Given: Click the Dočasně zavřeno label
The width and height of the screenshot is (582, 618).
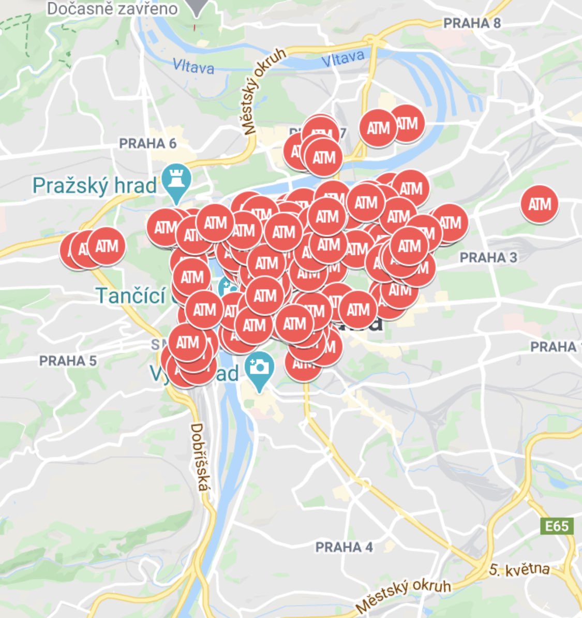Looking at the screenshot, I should coord(112,8).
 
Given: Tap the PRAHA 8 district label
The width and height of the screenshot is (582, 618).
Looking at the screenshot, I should coord(472,23).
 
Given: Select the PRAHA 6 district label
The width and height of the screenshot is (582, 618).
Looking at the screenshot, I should coord(148,143).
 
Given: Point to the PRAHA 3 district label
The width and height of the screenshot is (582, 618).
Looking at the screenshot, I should coord(488,257).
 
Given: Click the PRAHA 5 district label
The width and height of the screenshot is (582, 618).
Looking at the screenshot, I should coord(68,361).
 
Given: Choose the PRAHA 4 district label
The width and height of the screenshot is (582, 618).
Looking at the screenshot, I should coord(344,547).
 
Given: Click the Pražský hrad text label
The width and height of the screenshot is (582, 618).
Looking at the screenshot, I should coord(95,185).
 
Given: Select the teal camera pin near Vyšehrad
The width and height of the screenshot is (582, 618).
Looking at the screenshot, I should coord(259,369).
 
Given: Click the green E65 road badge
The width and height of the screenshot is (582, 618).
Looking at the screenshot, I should coord(557,526).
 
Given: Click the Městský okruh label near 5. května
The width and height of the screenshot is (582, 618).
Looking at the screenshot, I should coord(404,594).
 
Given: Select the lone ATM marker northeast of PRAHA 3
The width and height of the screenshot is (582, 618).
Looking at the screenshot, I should coord(540,204).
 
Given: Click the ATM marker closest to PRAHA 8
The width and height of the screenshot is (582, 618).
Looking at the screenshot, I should coord(407,124).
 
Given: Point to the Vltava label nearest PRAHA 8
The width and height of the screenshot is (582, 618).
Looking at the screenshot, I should coord(342,58).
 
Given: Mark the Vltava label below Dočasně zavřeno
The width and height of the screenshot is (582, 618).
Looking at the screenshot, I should coord(193,66).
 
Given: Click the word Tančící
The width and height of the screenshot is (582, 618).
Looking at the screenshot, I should coord(129,296).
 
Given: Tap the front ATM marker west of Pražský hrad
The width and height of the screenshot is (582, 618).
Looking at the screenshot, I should coord(107,246).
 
